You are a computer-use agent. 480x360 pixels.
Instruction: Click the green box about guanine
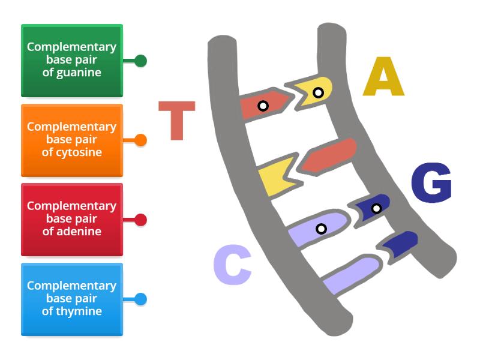(x=71, y=60)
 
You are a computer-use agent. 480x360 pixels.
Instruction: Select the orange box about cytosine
(x=71, y=140)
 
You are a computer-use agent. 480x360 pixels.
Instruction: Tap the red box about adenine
(x=71, y=220)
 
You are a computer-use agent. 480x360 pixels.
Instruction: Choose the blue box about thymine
(x=71, y=299)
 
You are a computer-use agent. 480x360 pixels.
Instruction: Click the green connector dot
(x=140, y=61)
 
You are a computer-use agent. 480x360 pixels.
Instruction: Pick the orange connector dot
(x=140, y=140)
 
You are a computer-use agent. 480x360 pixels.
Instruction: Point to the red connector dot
(x=140, y=220)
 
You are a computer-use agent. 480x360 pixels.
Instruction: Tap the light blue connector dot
(x=140, y=299)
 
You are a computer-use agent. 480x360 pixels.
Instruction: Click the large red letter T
(x=177, y=121)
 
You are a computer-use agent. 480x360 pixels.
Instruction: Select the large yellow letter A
(x=383, y=77)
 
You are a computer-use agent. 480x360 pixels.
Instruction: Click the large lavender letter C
(x=232, y=267)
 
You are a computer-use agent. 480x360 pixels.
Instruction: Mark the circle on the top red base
(x=263, y=106)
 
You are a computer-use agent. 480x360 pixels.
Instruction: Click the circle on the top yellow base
(x=318, y=92)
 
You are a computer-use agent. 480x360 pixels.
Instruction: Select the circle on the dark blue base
(x=376, y=208)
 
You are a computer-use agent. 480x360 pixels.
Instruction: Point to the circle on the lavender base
(x=321, y=229)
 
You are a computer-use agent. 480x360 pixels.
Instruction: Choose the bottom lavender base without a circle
(x=351, y=273)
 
